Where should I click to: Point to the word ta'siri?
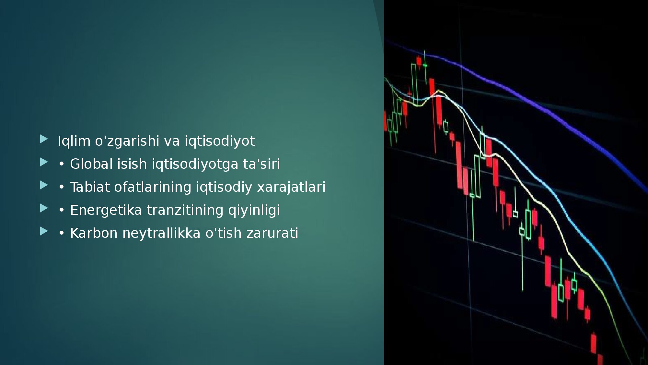click(x=261, y=164)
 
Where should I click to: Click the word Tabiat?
click(x=90, y=187)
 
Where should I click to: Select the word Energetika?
click(x=106, y=210)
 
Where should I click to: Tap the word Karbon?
click(x=94, y=233)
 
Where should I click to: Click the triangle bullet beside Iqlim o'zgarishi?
click(x=44, y=139)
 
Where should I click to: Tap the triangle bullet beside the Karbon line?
click(x=44, y=231)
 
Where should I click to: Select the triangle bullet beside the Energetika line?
click(x=44, y=208)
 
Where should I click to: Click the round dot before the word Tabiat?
click(x=61, y=188)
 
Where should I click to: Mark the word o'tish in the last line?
click(x=224, y=233)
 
